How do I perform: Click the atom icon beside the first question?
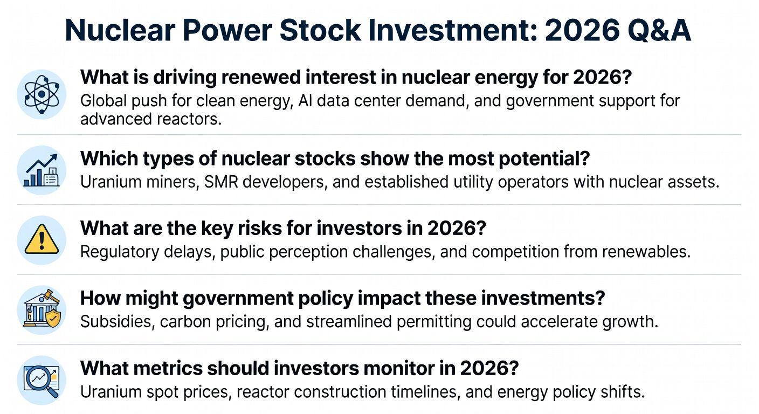click(42, 94)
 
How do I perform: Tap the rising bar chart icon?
click(42, 170)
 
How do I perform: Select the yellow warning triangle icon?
click(42, 240)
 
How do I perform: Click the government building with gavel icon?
click(42, 309)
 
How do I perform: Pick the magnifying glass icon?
click(42, 381)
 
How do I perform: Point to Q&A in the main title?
click(659, 31)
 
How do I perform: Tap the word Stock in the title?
click(320, 31)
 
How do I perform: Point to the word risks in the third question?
click(259, 229)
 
